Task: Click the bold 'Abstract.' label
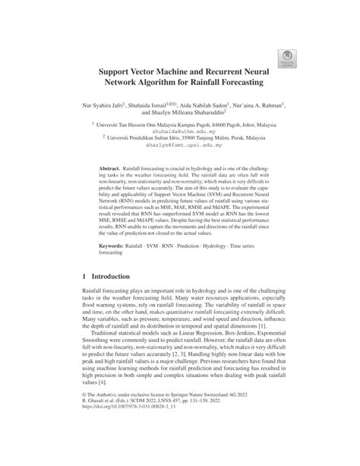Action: click(x=114, y=186)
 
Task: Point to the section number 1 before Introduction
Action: click(x=84, y=300)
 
